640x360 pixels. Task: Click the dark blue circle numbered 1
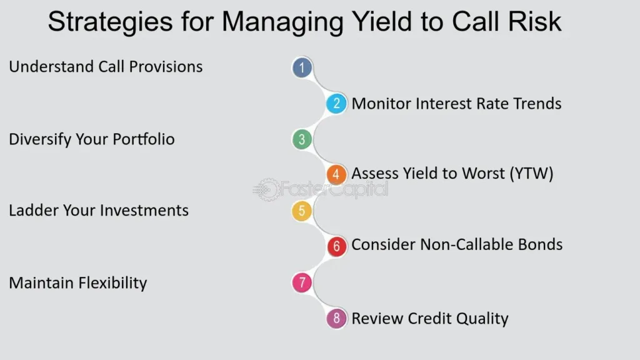pos(302,67)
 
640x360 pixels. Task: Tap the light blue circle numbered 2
pos(336,103)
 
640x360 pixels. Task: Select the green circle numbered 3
pos(302,139)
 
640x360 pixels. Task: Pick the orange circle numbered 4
pos(336,174)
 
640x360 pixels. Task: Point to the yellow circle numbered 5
pos(302,211)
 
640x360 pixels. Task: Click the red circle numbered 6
pos(336,246)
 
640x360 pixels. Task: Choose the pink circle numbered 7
pos(302,282)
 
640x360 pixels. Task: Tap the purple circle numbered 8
pos(336,318)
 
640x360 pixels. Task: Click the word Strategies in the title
pos(110,22)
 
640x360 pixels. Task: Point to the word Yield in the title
pos(382,21)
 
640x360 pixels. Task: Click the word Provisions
pos(166,66)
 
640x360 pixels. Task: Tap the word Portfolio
pos(144,139)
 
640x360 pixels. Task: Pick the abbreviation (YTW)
pos(531,174)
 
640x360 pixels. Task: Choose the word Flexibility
pos(112,283)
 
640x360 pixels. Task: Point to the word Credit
pos(429,318)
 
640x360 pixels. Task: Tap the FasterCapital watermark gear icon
pos(267,190)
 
